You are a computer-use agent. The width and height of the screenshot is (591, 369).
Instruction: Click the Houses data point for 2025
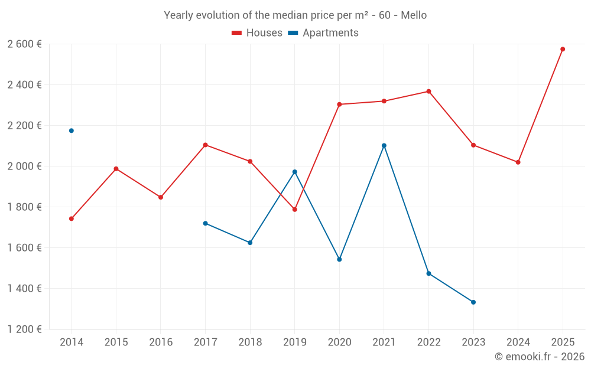click(x=563, y=49)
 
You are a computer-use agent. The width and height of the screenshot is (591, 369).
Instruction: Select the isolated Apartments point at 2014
click(x=72, y=130)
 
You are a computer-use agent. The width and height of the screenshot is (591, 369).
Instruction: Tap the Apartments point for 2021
click(x=384, y=145)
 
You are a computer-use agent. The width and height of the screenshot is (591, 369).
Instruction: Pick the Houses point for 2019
click(x=294, y=210)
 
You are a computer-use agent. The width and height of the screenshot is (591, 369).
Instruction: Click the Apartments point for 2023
click(x=473, y=302)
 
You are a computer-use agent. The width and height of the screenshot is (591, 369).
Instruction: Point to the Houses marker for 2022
click(x=428, y=92)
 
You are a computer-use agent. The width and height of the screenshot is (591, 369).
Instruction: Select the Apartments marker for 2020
click(x=339, y=259)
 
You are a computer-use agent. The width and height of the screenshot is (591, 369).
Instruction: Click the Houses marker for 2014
click(x=72, y=218)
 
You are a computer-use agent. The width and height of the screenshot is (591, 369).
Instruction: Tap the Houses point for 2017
click(x=205, y=145)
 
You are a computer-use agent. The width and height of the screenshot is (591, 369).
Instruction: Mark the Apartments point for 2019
click(x=294, y=172)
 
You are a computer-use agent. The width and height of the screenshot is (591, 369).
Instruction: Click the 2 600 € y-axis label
click(x=24, y=44)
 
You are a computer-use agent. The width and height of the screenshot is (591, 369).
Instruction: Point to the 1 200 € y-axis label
click(x=24, y=329)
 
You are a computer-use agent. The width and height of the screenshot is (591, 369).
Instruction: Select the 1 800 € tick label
click(x=24, y=207)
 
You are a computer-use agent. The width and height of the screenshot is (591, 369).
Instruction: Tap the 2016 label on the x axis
click(x=161, y=342)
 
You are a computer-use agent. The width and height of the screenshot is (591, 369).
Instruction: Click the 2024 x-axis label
click(x=518, y=342)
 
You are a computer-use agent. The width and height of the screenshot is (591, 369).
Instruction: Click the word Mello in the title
click(x=414, y=15)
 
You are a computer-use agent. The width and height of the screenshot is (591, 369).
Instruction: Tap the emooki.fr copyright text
click(x=539, y=357)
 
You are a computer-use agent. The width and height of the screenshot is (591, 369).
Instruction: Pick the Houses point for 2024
click(x=518, y=162)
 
